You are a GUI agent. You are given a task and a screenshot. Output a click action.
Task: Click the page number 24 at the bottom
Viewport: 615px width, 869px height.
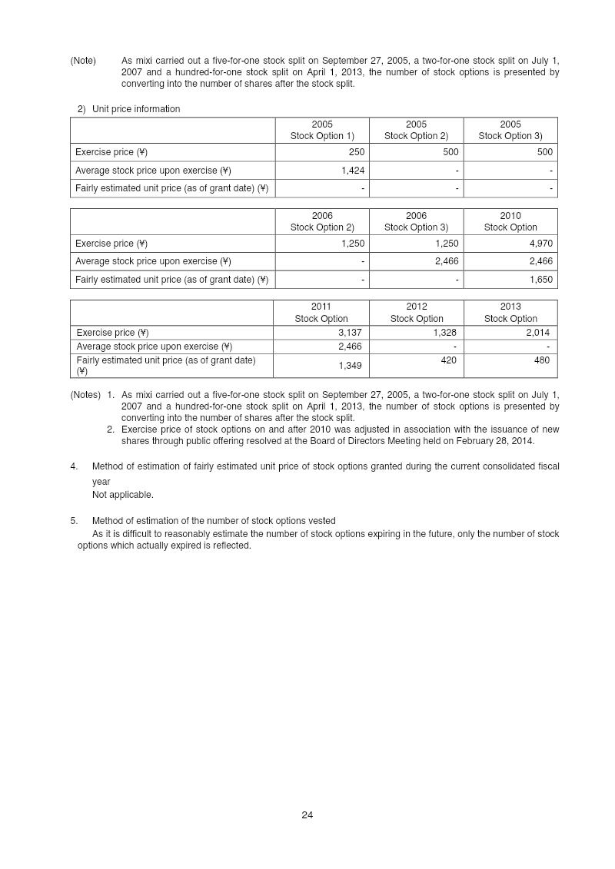point(307,815)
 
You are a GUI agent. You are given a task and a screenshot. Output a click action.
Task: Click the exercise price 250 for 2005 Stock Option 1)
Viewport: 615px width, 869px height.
point(357,152)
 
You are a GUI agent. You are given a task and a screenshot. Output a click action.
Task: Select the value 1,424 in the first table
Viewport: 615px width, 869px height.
point(351,171)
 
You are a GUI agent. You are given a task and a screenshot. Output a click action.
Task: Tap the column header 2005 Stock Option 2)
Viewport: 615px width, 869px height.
point(416,130)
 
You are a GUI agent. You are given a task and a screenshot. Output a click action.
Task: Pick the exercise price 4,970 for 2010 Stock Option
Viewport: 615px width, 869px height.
point(541,244)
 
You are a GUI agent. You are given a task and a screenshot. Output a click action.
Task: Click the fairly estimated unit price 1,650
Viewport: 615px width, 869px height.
point(541,280)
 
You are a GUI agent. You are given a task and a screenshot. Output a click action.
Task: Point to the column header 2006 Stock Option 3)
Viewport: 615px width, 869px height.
point(416,221)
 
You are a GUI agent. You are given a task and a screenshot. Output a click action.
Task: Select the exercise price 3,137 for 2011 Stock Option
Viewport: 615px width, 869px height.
point(351,333)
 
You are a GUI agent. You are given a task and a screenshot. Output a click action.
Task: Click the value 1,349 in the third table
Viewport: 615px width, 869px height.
point(351,366)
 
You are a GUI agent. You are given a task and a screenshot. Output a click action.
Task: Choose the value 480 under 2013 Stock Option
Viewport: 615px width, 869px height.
point(542,360)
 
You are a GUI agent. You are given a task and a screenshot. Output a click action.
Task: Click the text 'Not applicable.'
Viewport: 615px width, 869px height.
point(123,495)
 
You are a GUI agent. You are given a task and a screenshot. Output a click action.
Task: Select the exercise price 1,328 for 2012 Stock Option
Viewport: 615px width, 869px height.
point(444,333)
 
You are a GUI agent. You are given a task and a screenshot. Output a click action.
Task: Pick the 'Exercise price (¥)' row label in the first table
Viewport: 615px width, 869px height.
point(111,152)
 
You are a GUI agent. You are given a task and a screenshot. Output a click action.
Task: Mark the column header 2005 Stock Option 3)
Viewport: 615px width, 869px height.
point(510,130)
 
